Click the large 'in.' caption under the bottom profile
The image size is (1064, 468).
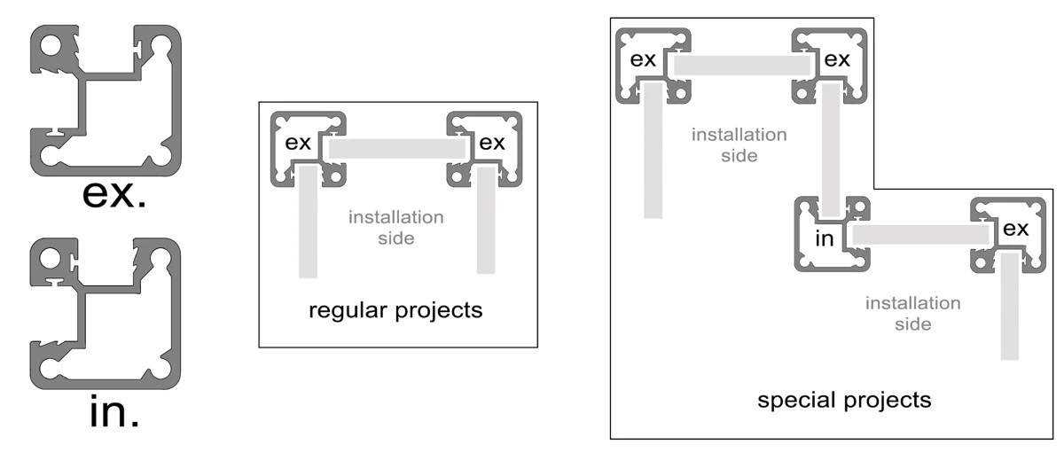[x=114, y=412]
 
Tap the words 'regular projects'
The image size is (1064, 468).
[x=395, y=311]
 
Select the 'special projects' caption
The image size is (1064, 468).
[x=844, y=400]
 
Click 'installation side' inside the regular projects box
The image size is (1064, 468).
[x=396, y=228]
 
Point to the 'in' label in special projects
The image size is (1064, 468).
[x=825, y=238]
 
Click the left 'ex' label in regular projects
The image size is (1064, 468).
[x=298, y=143]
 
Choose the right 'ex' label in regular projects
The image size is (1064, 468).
[x=492, y=143]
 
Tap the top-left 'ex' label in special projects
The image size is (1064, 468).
[x=643, y=59]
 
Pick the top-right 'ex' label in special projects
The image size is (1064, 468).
[x=837, y=59]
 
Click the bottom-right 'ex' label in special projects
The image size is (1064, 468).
[x=1015, y=229]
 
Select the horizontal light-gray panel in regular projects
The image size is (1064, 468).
[x=396, y=149]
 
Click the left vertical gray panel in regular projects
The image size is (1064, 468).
[x=308, y=222]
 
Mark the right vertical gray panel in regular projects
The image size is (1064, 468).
[x=486, y=220]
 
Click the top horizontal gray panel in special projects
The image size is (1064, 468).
[x=742, y=66]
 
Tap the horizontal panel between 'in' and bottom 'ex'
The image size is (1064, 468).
[x=920, y=235]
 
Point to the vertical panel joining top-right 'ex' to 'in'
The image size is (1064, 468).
[x=831, y=150]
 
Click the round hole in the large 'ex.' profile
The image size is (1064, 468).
[x=51, y=46]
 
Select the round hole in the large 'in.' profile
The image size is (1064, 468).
[x=50, y=259]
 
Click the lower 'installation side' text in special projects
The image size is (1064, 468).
[x=913, y=313]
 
